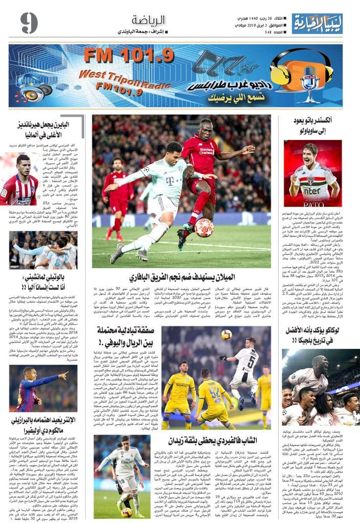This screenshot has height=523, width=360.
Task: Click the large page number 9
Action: pyautogui.click(x=29, y=22)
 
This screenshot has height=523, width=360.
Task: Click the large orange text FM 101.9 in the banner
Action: pyautogui.click(x=129, y=55)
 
